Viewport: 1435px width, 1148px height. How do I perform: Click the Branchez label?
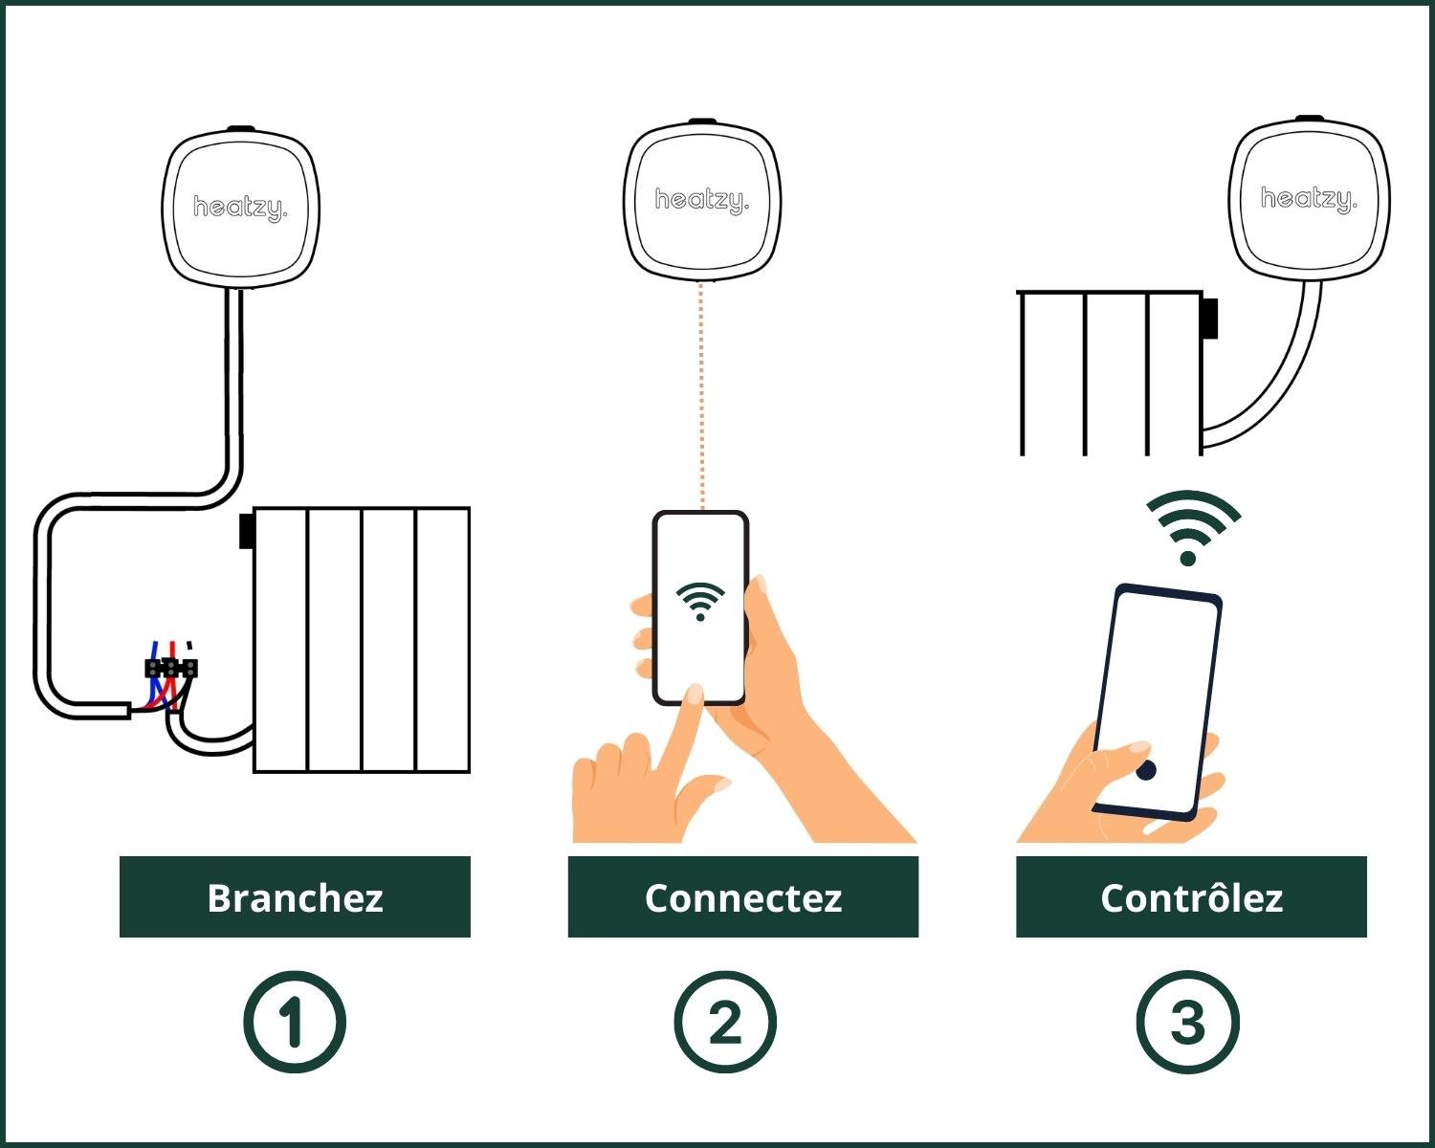[295, 897]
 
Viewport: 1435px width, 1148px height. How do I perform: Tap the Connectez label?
[742, 897]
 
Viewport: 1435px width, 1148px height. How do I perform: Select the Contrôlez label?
[1191, 897]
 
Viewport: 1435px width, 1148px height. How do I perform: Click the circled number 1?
[294, 1021]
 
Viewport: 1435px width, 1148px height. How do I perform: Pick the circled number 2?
[725, 1021]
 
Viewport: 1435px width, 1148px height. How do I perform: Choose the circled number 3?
[1187, 1021]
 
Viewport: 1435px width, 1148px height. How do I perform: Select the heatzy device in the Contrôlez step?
[1308, 198]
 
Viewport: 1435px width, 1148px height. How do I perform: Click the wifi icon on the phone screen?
[700, 601]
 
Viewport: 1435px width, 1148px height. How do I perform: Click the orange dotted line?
[701, 392]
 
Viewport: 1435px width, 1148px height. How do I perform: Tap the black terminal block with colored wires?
[171, 668]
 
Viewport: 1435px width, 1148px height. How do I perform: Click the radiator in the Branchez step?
[362, 639]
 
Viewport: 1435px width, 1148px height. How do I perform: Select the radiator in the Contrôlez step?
[1110, 373]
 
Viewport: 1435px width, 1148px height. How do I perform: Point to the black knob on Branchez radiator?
[246, 531]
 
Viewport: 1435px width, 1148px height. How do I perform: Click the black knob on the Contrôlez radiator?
[1211, 318]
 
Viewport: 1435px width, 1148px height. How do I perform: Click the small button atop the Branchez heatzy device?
[240, 127]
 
